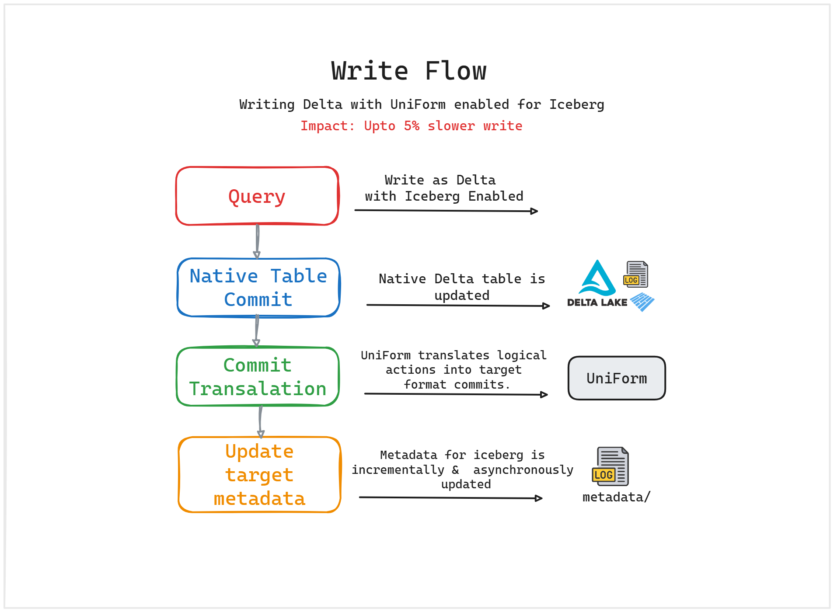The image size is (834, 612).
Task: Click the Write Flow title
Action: pyautogui.click(x=408, y=71)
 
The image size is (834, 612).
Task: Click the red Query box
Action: pyautogui.click(x=257, y=196)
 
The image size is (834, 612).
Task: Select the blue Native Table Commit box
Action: pyautogui.click(x=258, y=288)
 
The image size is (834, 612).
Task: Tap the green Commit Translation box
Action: pyautogui.click(x=258, y=377)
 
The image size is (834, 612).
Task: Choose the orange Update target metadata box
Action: pyautogui.click(x=259, y=475)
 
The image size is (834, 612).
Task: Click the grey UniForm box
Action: pyautogui.click(x=617, y=378)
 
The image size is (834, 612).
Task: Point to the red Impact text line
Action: pyautogui.click(x=411, y=126)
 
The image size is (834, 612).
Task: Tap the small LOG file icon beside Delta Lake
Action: pyautogui.click(x=636, y=274)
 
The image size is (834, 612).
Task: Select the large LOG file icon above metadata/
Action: pyautogui.click(x=611, y=466)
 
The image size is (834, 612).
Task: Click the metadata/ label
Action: pyautogui.click(x=616, y=497)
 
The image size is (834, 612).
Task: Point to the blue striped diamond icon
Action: pyautogui.click(x=642, y=302)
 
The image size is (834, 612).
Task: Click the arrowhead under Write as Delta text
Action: pyautogui.click(x=534, y=211)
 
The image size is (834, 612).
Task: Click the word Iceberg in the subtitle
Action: pyautogui.click(x=576, y=104)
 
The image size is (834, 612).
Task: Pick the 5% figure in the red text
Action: pyautogui.click(x=411, y=126)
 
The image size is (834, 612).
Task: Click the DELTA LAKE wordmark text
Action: pyautogui.click(x=597, y=303)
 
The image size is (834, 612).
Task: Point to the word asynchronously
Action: pyautogui.click(x=523, y=470)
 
